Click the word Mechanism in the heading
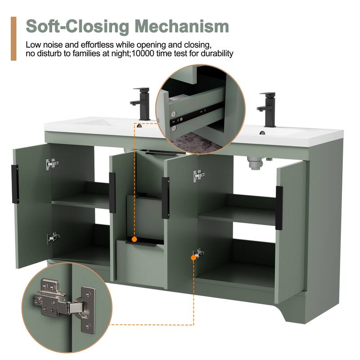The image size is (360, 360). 182,27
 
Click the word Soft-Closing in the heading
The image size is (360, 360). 77,27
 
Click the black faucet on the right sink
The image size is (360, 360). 267,109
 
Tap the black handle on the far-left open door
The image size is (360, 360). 15,184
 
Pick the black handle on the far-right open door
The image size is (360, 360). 279,208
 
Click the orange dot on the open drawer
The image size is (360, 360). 135,239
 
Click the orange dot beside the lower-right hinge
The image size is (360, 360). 193,257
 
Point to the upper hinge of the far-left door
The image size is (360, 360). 52,164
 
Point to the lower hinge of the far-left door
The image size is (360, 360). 54,238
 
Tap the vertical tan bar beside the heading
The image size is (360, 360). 13,39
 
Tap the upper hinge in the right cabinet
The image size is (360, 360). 198,175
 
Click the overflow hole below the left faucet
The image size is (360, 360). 139,126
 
